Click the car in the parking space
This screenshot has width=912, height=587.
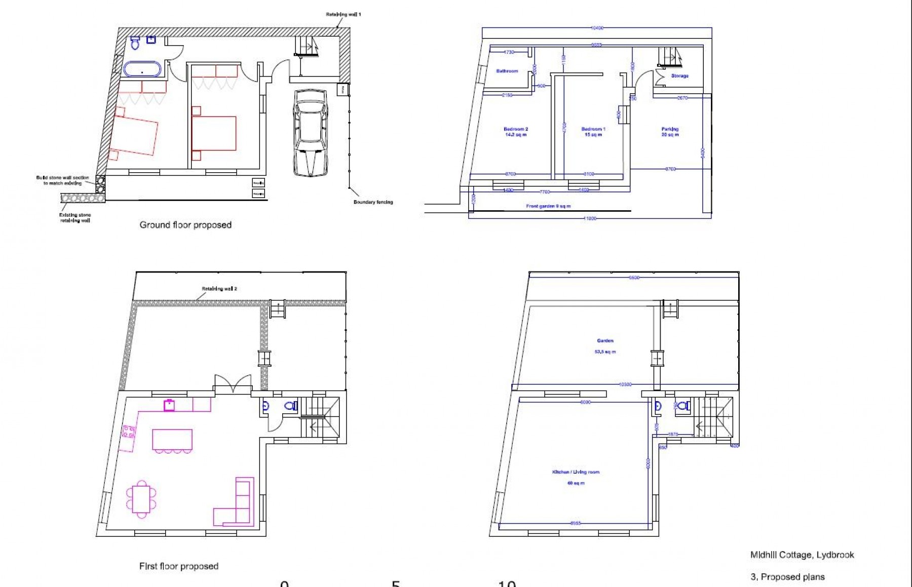click(x=310, y=133)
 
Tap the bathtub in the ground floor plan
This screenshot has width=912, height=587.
click(x=142, y=69)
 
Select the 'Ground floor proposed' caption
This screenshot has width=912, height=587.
click(x=185, y=225)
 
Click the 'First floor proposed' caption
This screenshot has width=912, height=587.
click(x=178, y=566)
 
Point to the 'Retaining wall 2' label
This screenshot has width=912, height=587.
click(x=219, y=289)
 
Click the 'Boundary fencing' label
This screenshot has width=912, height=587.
click(x=373, y=202)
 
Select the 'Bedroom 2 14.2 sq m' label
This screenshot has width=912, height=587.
click(x=515, y=132)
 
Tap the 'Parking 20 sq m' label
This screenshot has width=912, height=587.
click(x=670, y=132)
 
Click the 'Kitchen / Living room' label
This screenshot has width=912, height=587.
click(x=576, y=472)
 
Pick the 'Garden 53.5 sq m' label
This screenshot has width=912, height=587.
click(x=605, y=346)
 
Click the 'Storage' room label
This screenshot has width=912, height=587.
click(x=679, y=76)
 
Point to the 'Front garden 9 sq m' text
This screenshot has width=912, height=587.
click(x=548, y=207)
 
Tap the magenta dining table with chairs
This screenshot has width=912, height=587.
click(x=141, y=499)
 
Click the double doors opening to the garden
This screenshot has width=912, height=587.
click(x=233, y=384)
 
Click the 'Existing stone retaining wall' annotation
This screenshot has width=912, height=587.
click(x=74, y=218)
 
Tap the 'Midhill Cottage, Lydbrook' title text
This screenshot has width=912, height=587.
click(x=802, y=555)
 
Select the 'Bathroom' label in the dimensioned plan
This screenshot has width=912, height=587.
click(x=507, y=71)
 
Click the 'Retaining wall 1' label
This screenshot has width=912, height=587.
click(x=343, y=14)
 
